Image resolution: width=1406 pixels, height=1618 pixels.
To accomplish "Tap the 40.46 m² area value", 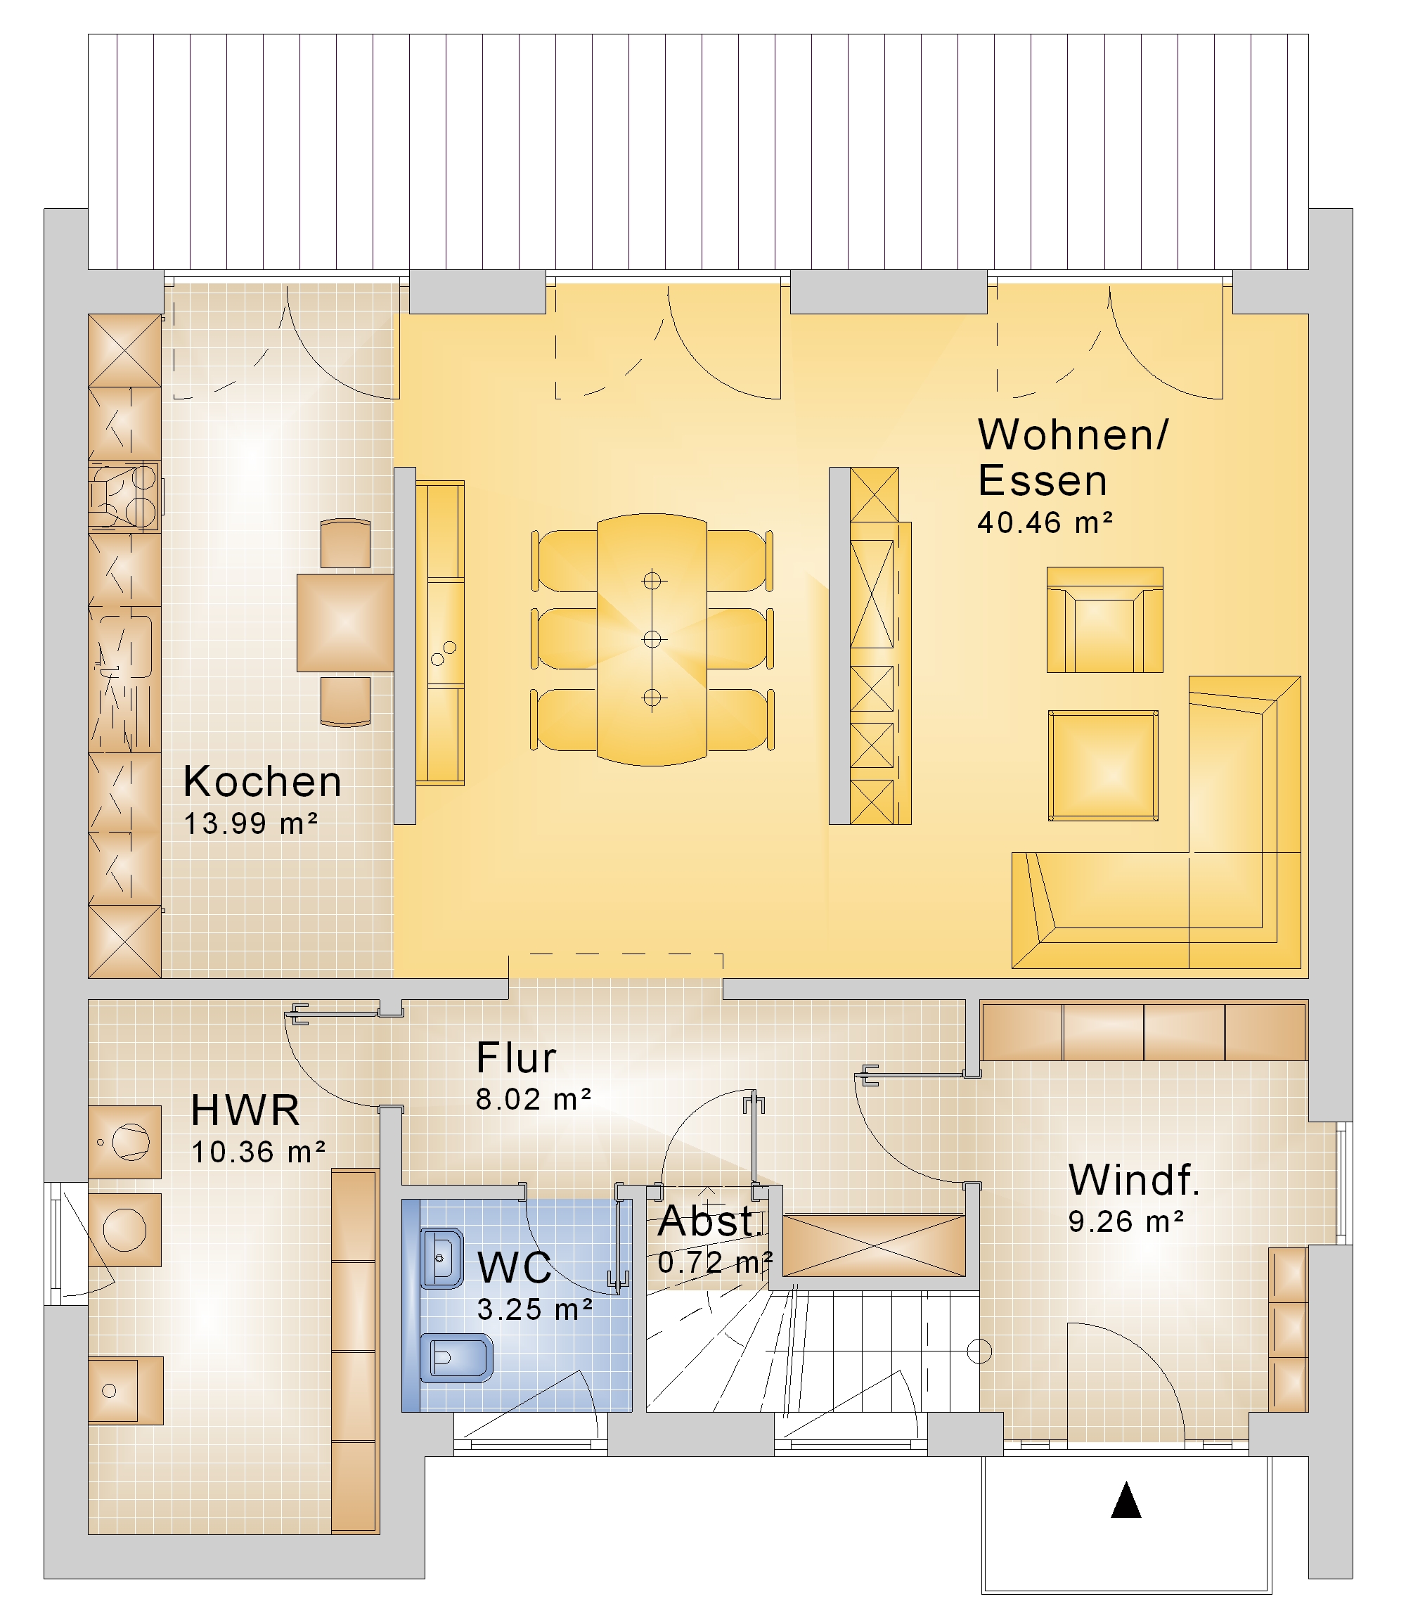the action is (x=1045, y=522).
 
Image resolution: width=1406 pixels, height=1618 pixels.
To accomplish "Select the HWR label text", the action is (x=245, y=1111).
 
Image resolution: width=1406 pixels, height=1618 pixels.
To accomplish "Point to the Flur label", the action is (x=516, y=1058).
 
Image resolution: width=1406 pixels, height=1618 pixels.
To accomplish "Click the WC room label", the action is (x=515, y=1267).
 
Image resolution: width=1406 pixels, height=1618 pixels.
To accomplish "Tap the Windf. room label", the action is (x=1135, y=1179).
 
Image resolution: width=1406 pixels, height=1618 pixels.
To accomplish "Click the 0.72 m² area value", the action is (x=716, y=1262).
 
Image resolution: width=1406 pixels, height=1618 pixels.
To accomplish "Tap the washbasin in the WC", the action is (x=442, y=1259).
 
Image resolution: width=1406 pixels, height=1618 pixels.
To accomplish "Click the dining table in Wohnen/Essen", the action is (x=652, y=639).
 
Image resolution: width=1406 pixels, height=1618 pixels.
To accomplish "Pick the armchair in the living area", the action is (x=1104, y=620).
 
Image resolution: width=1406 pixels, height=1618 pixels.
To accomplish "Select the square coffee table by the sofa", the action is (x=1103, y=766).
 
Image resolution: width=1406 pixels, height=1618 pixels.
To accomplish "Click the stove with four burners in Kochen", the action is (x=124, y=497).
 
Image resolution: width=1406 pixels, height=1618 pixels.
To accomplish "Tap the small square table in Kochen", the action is (x=345, y=623).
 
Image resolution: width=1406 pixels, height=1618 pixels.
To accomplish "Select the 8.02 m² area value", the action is (x=534, y=1099).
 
